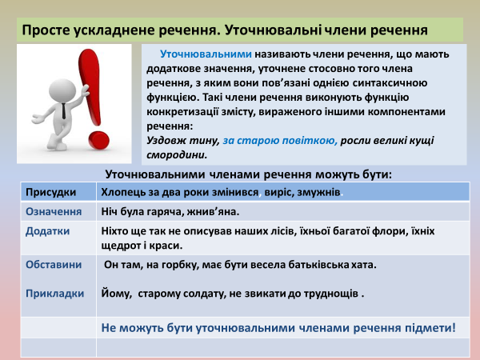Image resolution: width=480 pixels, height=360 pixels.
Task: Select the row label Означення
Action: click(x=54, y=212)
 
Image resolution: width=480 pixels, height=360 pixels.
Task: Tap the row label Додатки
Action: click(x=48, y=230)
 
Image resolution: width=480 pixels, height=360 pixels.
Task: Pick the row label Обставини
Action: click(x=54, y=264)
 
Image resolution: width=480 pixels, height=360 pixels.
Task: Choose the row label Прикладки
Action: click(x=55, y=293)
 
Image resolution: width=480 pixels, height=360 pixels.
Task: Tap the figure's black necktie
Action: click(x=61, y=110)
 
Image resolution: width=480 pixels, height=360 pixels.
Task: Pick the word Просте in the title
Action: click(x=45, y=31)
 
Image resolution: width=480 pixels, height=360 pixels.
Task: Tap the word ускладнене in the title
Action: click(x=112, y=31)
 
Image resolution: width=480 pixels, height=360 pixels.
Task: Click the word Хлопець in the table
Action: click(x=122, y=193)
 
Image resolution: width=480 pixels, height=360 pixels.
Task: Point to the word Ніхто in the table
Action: click(x=116, y=230)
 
